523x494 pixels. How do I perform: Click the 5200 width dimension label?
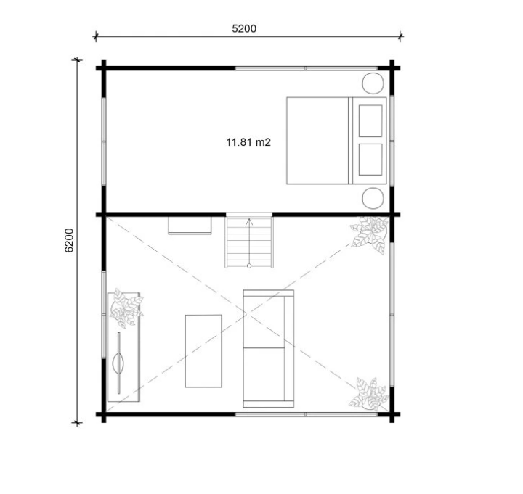(244, 28)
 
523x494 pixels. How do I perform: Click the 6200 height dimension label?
(69, 240)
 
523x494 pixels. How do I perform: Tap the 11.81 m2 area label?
(248, 142)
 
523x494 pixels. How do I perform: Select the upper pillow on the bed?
(370, 120)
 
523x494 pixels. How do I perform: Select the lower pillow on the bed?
(370, 159)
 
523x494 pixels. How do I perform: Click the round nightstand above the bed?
(373, 83)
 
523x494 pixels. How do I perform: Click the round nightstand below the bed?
(373, 198)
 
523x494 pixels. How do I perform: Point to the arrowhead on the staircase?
(249, 221)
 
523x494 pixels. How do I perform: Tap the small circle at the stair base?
(249, 265)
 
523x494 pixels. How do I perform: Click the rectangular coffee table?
(203, 351)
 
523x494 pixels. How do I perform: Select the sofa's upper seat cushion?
(264, 322)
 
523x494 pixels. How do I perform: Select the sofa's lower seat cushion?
(264, 374)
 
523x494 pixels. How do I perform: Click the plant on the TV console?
(126, 308)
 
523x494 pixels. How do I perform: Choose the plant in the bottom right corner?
(369, 394)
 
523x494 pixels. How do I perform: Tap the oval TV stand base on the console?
(118, 363)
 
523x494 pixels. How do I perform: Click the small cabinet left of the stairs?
(190, 226)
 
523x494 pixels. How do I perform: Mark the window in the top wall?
(306, 68)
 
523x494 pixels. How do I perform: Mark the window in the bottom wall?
(306, 414)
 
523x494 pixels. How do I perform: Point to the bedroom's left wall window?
(104, 141)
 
